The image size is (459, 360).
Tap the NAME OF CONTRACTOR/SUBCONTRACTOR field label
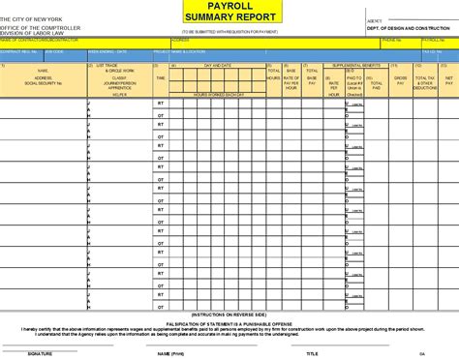[39, 42]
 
